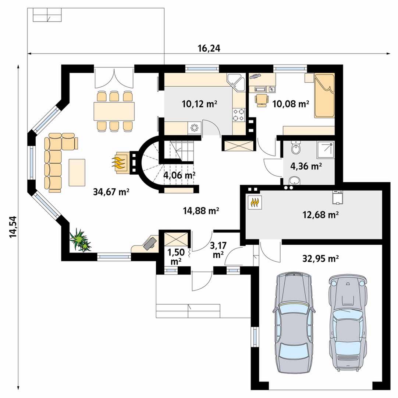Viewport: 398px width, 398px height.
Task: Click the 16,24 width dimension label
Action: pos(209,48)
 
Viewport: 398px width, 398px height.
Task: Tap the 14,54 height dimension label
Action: pos(13,227)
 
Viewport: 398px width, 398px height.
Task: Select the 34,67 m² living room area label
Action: pos(111,192)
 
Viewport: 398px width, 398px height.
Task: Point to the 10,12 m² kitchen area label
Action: pos(199,104)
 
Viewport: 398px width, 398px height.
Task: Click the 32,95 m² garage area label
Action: pos(320,259)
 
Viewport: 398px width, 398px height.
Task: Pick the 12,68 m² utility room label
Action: pos(321,215)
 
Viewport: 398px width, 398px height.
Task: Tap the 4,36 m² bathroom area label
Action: pos(306,166)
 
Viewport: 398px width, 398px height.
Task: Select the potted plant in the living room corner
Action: pos(81,240)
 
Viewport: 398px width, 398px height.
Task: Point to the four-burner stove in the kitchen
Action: pos(239,115)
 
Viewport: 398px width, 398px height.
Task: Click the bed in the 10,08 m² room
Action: pos(324,96)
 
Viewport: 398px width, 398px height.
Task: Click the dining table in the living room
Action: pos(114,111)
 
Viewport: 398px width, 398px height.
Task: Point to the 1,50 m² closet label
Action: pos(175,256)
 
